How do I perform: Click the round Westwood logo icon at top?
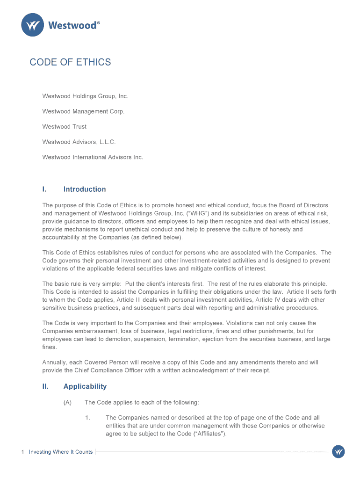click(x=32, y=25)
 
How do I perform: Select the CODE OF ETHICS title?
click(x=70, y=62)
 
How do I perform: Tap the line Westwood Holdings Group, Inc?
click(x=85, y=96)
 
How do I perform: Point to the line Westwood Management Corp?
click(x=83, y=111)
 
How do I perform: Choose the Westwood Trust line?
click(x=65, y=127)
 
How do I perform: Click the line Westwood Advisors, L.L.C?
click(x=79, y=142)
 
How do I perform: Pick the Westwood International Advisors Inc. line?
click(x=93, y=157)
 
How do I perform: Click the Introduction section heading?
click(x=85, y=189)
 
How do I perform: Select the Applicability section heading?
click(x=85, y=386)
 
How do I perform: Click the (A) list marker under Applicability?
click(x=67, y=402)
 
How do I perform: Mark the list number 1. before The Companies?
click(x=87, y=418)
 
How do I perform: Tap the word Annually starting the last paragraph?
click(x=54, y=363)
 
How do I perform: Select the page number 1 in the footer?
click(x=22, y=452)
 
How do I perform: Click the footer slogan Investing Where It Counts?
click(x=61, y=452)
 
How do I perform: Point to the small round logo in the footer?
click(x=338, y=452)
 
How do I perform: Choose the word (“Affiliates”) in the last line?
click(x=206, y=434)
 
